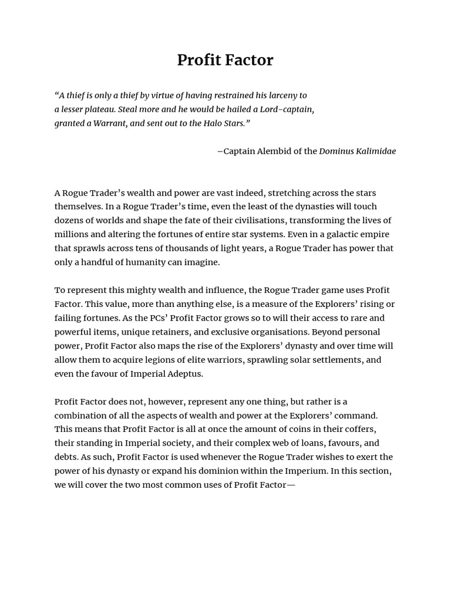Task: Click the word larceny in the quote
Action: (279, 95)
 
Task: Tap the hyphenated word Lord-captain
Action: (287, 109)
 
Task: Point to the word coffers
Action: (356, 429)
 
